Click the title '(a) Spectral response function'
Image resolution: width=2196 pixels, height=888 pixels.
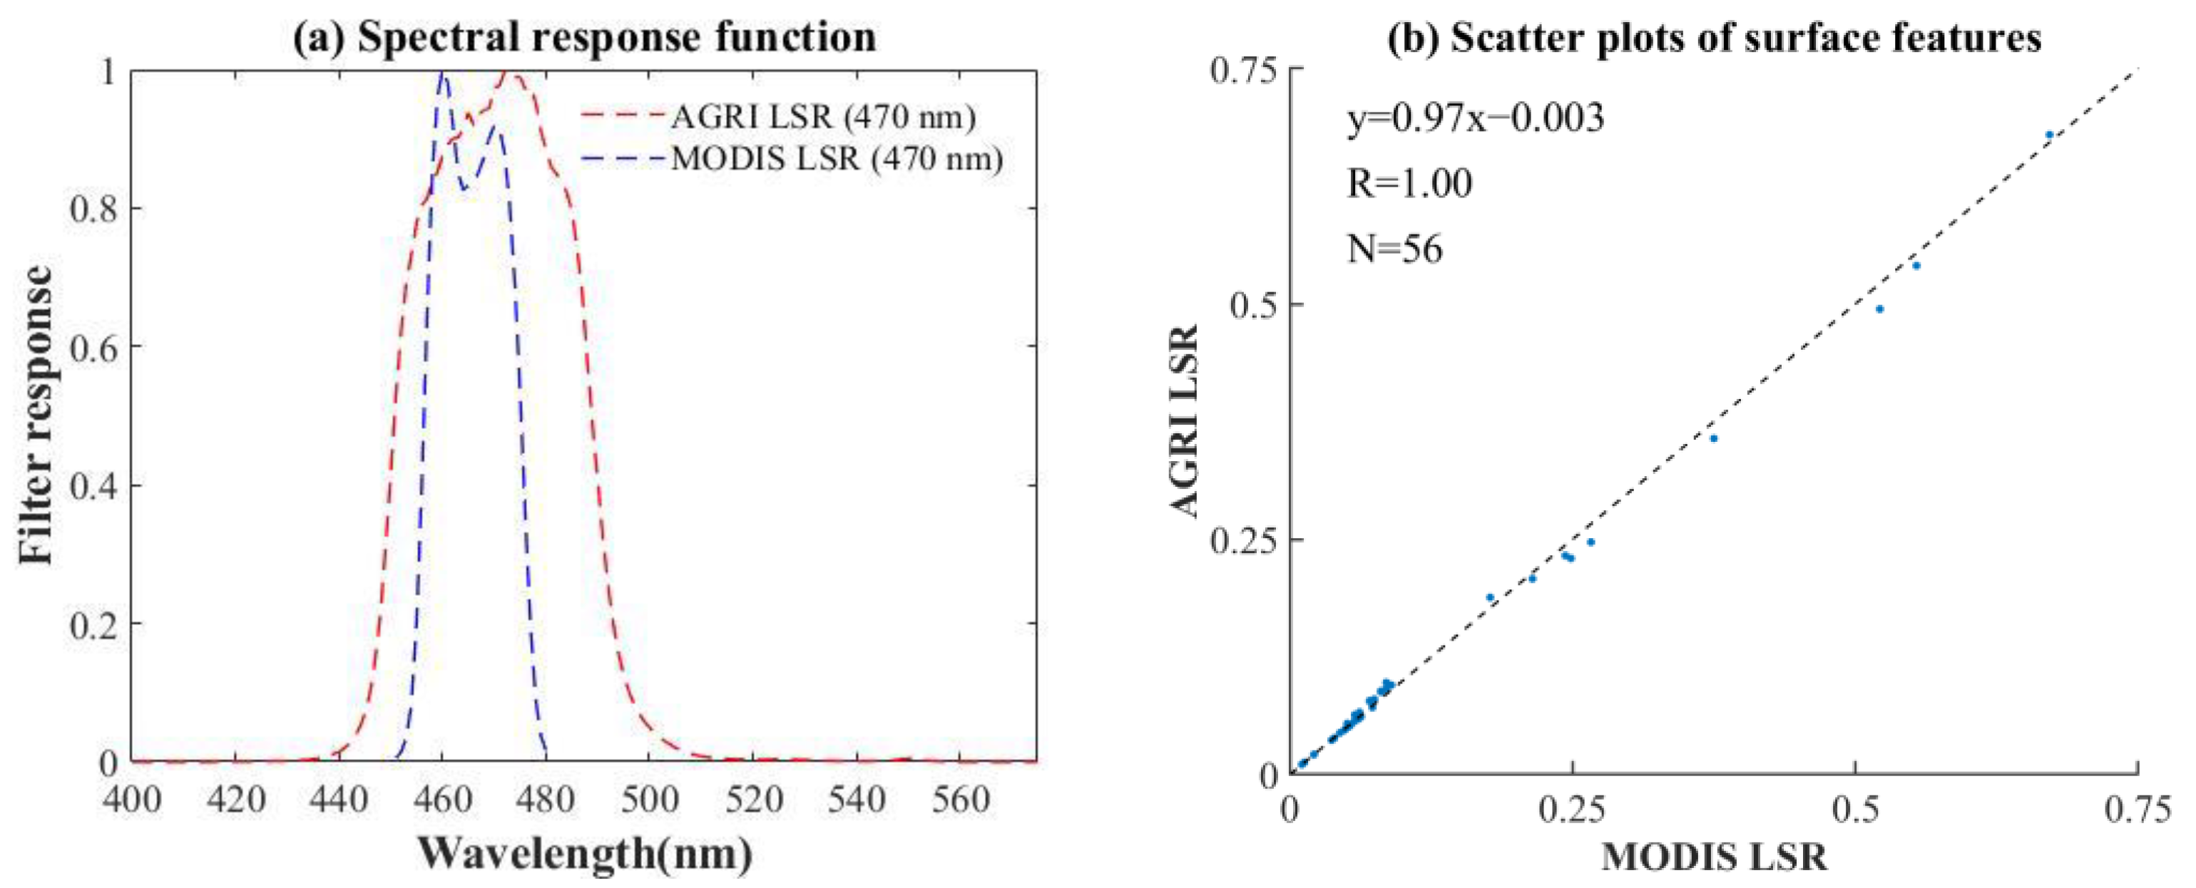point(585,38)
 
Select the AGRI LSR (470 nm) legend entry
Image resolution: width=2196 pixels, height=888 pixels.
point(822,117)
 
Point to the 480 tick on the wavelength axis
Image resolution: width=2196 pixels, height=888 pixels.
point(546,800)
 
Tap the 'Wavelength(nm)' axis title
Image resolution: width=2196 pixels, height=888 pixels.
point(585,853)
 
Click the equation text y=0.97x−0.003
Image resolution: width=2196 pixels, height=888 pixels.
point(1476,118)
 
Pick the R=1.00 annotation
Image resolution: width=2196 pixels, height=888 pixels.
point(1409,183)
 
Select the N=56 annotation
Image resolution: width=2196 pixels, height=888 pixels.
point(1394,249)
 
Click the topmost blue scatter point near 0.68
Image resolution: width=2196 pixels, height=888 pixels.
point(2049,135)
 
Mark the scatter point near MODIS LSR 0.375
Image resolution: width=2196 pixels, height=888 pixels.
point(1713,438)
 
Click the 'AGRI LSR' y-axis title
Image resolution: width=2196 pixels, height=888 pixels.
point(1184,421)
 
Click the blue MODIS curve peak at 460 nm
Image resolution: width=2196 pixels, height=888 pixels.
point(441,75)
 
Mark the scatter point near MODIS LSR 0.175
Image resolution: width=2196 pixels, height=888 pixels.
point(1490,597)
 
